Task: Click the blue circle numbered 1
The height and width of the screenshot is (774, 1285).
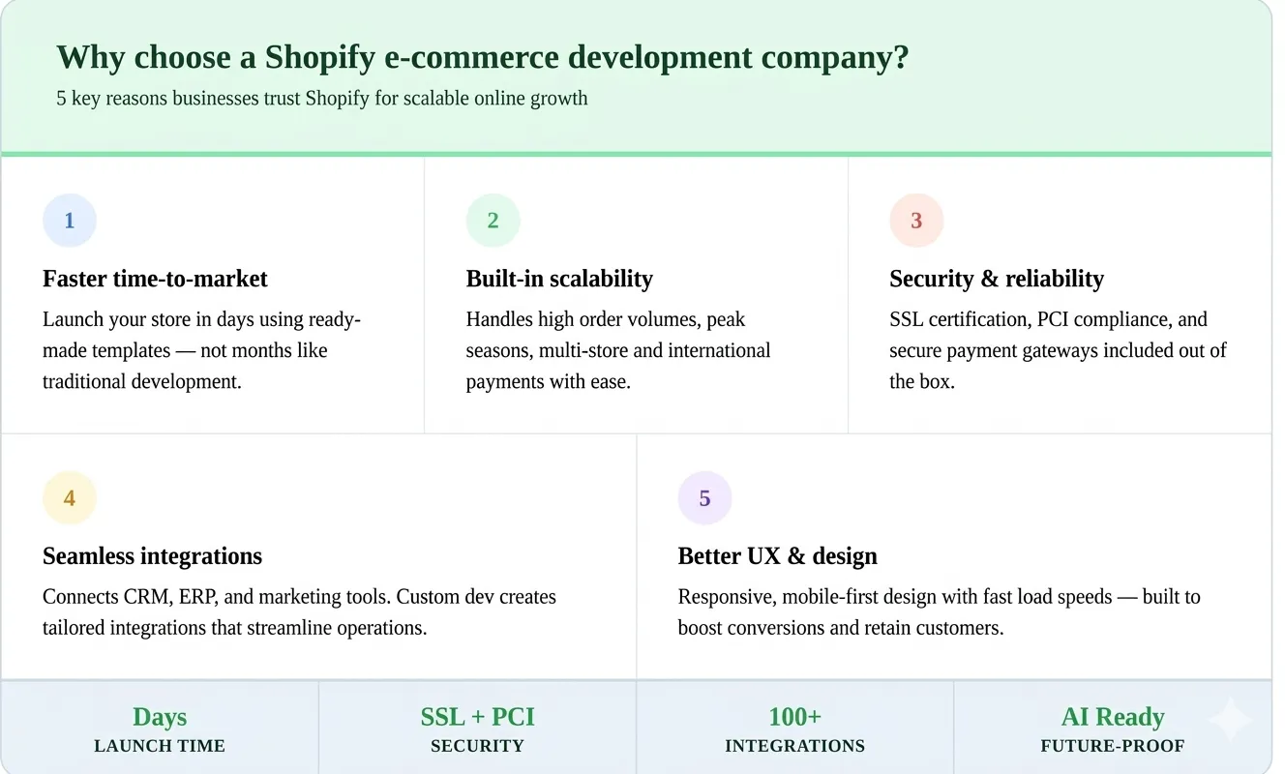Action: [x=70, y=221]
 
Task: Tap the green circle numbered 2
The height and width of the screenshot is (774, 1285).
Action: [x=493, y=221]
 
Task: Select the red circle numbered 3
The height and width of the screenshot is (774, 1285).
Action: [x=916, y=221]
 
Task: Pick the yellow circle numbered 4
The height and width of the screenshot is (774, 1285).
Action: [x=70, y=498]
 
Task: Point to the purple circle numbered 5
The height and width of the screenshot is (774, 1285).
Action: [x=704, y=498]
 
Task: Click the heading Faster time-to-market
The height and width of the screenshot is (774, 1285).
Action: [x=155, y=279]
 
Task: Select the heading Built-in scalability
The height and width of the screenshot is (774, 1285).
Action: [x=559, y=279]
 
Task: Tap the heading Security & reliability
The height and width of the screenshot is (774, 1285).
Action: [x=997, y=279]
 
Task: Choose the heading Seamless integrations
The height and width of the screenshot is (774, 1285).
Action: [x=152, y=556]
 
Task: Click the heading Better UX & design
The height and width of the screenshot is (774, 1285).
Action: [x=777, y=556]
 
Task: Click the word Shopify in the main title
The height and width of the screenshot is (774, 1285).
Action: [x=319, y=58]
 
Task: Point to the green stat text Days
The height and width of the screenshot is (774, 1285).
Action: [x=160, y=717]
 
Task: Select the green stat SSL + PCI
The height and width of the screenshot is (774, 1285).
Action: [x=477, y=717]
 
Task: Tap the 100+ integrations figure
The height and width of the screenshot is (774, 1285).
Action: [x=794, y=717]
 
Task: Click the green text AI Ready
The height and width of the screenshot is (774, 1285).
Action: [x=1113, y=717]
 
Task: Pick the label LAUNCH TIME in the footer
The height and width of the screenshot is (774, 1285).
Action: [x=160, y=746]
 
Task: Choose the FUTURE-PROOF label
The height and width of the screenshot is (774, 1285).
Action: [x=1113, y=746]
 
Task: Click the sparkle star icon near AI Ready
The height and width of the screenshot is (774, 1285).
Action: [x=1230, y=719]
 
